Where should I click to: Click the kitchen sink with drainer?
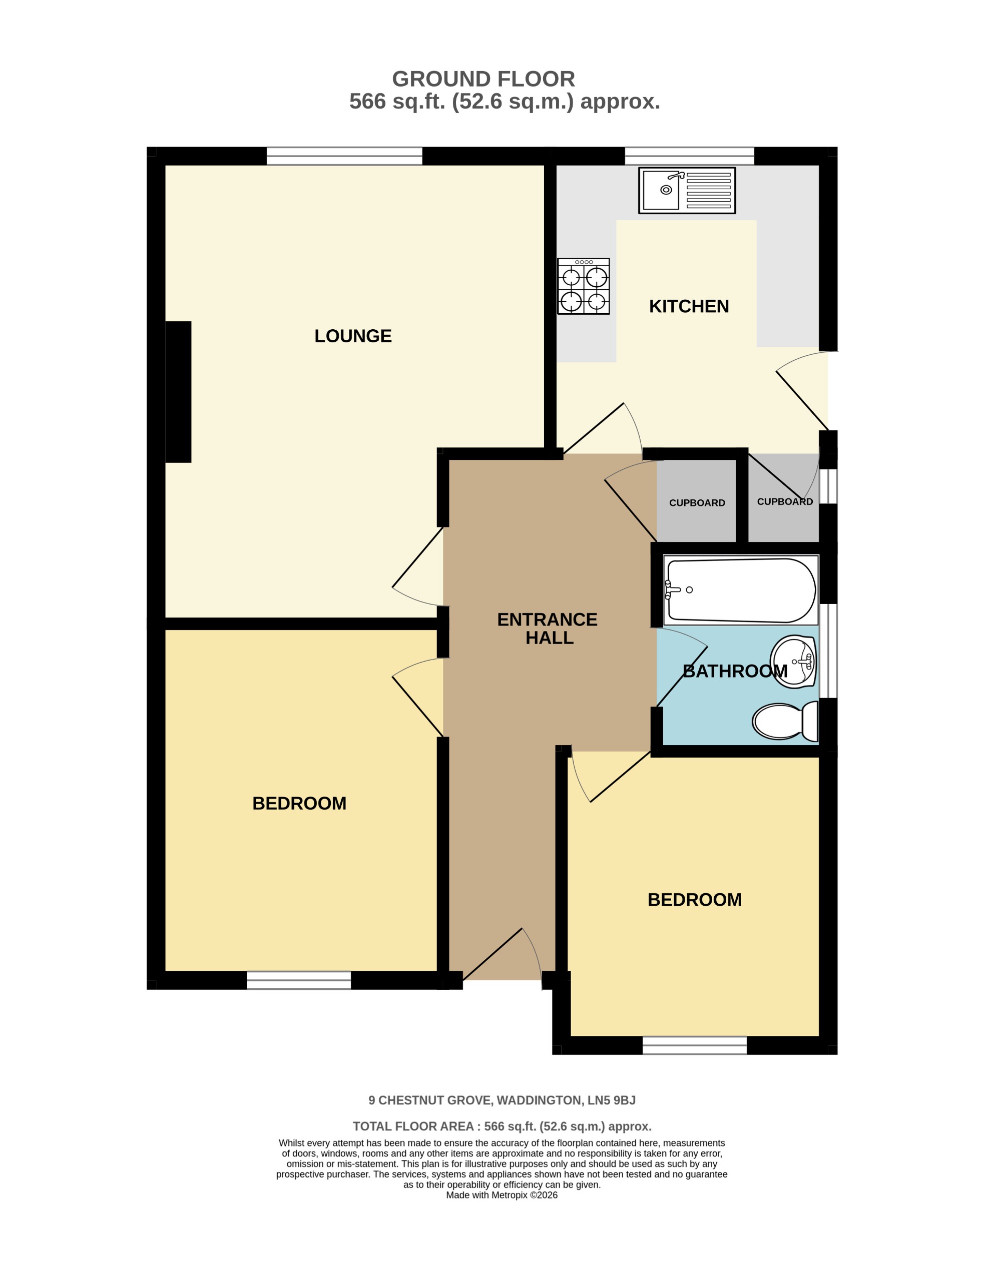coord(687,191)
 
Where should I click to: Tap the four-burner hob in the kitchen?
coord(583,286)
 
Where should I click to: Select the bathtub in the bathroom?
coord(741,590)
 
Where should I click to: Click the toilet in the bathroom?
coord(785,721)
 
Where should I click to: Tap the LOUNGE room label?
coord(353,336)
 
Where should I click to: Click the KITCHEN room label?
coord(689,307)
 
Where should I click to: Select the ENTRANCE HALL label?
coord(548,629)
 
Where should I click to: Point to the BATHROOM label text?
coord(735,672)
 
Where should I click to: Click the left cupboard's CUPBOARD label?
coord(697,503)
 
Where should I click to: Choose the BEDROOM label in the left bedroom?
coord(299,803)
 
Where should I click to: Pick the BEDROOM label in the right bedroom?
coord(694,900)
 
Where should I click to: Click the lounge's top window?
coord(344,156)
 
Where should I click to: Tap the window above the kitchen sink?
coord(690,156)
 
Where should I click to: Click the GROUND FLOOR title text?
coord(483,79)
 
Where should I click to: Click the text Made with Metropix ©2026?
coord(501,1195)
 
